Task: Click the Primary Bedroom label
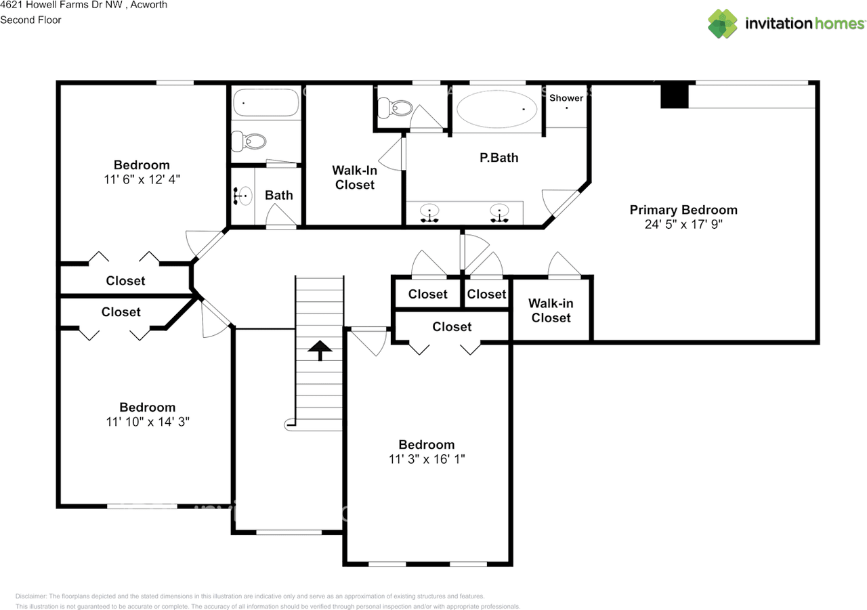click(x=683, y=210)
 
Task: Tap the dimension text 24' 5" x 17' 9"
click(x=683, y=224)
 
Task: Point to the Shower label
click(x=566, y=98)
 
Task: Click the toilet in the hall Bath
click(x=249, y=141)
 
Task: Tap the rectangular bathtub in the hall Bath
click(x=266, y=105)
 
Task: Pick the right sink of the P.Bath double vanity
click(x=500, y=213)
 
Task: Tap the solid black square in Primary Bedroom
click(x=675, y=95)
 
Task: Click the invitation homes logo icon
click(x=723, y=24)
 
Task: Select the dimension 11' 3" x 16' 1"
click(x=426, y=459)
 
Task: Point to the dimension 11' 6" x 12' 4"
click(x=142, y=179)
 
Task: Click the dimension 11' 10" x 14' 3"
click(x=147, y=422)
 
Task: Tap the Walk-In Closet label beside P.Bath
click(x=354, y=178)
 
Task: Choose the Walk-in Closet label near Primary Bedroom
click(x=551, y=311)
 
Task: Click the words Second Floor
click(x=30, y=20)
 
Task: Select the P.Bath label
click(x=499, y=158)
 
